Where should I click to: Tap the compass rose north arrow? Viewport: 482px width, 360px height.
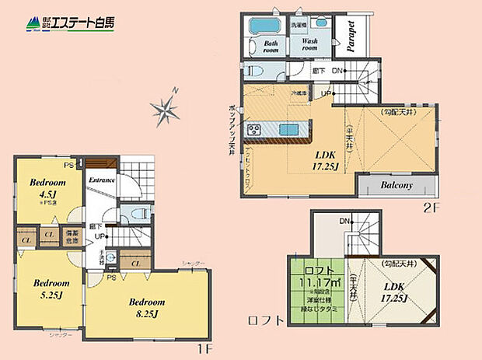165,110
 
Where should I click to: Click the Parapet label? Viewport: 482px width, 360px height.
351,34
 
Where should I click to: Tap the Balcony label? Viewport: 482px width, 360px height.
396,187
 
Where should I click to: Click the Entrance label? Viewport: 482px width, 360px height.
103,180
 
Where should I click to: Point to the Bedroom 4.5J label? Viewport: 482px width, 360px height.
47,187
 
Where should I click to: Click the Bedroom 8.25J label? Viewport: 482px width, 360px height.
146,307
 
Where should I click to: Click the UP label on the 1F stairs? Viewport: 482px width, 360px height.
100,236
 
